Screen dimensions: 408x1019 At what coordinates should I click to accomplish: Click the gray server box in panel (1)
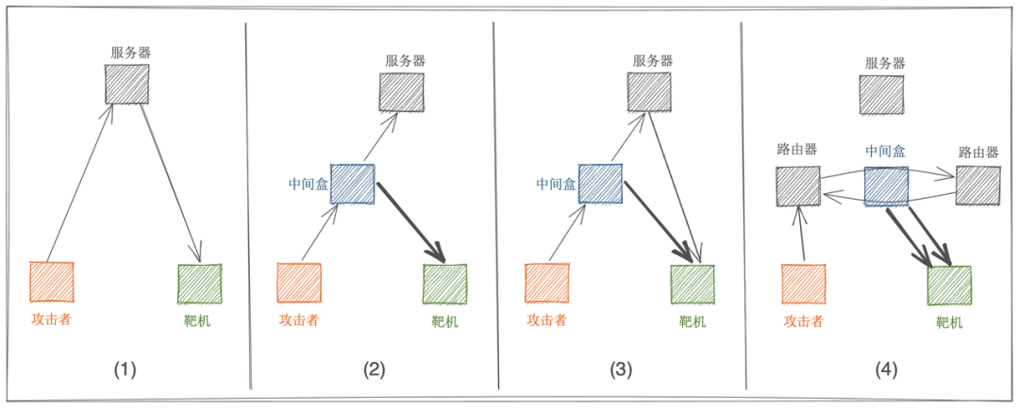click(126, 85)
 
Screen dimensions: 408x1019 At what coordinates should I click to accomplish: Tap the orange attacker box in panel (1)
click(52, 282)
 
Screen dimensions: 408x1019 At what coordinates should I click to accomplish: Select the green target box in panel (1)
click(199, 284)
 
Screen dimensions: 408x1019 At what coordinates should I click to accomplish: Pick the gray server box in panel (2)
click(401, 92)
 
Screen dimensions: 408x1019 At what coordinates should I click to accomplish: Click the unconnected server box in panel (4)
click(882, 95)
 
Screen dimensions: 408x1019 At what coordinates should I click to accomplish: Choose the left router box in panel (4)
click(798, 186)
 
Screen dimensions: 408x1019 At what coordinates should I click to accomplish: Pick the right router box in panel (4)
click(977, 186)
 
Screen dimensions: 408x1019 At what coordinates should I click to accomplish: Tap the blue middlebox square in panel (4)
click(886, 186)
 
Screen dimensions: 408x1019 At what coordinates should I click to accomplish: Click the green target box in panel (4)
click(948, 286)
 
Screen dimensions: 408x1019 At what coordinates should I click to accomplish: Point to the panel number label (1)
click(125, 369)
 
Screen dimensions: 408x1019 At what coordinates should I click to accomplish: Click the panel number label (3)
click(620, 369)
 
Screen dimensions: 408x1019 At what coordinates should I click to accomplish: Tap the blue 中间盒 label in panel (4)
click(886, 151)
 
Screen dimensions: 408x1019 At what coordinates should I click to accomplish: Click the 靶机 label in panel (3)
click(693, 321)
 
